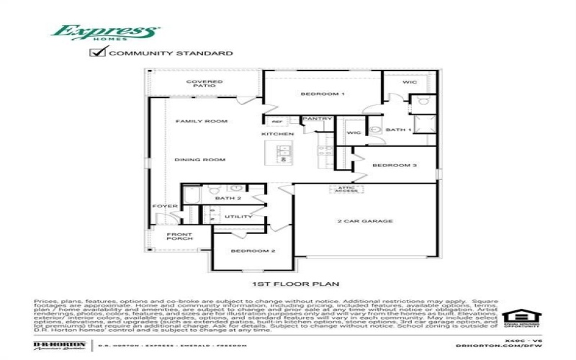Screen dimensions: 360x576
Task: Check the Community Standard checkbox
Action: [97, 53]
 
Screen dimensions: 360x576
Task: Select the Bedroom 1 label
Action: [323, 94]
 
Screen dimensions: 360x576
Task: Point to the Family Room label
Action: [201, 121]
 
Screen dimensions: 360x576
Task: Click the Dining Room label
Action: [200, 159]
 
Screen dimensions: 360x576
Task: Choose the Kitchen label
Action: [278, 135]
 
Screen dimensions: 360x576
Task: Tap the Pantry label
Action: [316, 119]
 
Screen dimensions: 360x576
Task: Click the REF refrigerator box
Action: [276, 121]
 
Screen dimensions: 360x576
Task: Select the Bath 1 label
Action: [398, 130]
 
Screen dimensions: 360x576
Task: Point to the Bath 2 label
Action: [229, 198]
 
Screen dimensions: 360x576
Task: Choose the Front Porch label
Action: [179, 237]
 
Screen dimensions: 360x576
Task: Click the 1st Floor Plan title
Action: [295, 284]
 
